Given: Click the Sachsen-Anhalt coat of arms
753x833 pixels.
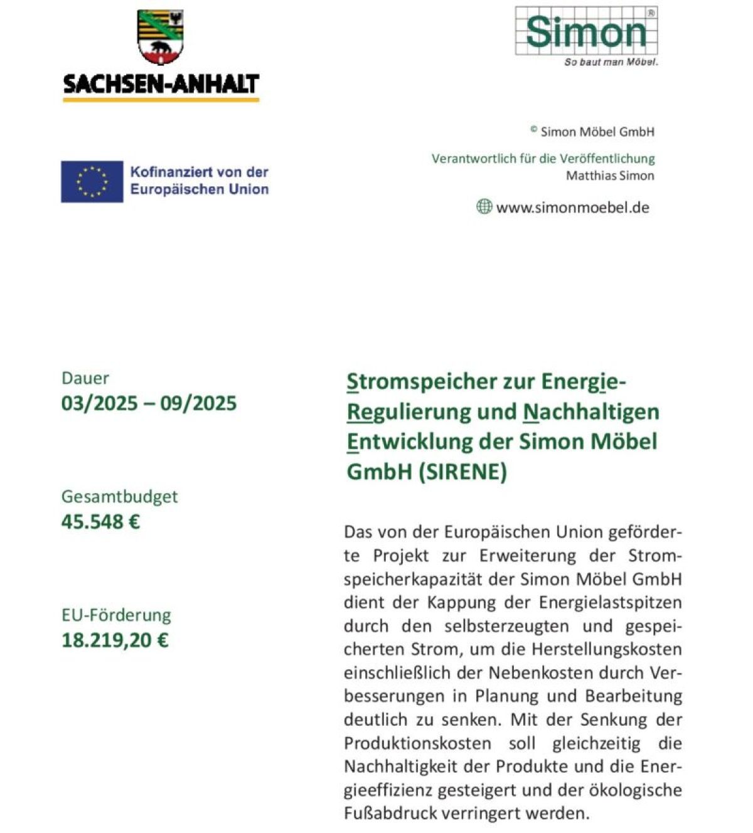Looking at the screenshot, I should tap(160, 37).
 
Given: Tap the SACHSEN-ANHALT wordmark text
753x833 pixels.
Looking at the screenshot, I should tap(161, 83).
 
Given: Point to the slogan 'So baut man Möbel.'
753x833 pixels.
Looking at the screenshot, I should tap(611, 62).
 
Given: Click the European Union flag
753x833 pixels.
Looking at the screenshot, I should tap(92, 181).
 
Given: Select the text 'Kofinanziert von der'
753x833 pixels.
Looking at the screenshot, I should tap(199, 172).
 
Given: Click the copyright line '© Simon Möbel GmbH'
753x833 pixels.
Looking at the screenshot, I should tap(592, 132).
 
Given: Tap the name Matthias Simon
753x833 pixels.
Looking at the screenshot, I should tap(610, 176).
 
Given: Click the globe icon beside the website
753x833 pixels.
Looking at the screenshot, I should tap(484, 206).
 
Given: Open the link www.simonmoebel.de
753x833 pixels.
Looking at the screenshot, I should tap(572, 208).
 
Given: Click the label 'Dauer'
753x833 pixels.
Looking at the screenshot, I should tap(85, 378).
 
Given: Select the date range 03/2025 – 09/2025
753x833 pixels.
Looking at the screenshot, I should tap(149, 403).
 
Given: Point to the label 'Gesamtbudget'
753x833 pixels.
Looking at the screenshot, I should tap(119, 496).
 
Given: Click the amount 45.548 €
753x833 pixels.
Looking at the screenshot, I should tap(100, 521).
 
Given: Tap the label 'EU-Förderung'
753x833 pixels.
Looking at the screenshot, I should tap(116, 615).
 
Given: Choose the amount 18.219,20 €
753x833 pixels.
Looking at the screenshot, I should tap(115, 640).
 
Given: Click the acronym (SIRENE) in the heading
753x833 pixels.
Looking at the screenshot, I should tap(462, 471).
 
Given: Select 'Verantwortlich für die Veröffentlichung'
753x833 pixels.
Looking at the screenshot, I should tap(543, 159).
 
